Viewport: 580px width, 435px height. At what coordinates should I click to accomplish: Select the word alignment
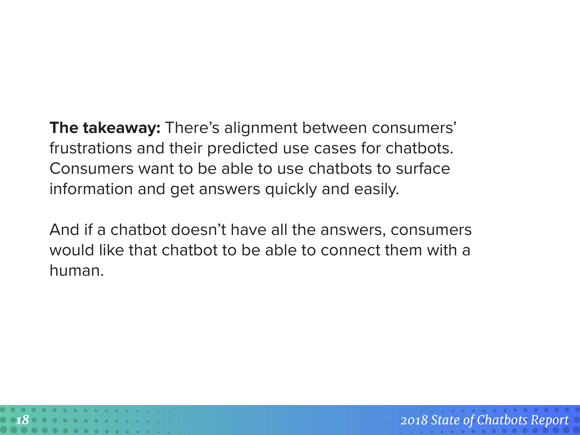261,128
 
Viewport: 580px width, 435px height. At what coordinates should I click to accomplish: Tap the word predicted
242,149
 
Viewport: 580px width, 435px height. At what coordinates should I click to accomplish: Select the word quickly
291,189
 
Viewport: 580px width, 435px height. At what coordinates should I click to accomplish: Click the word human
76,270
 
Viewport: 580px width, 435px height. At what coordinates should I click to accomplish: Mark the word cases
335,149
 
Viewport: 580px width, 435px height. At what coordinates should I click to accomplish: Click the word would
72,250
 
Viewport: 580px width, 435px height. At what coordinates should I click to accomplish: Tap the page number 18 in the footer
23,420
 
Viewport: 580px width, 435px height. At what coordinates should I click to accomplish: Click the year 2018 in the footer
414,420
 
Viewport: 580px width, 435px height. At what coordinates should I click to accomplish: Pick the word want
156,169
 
